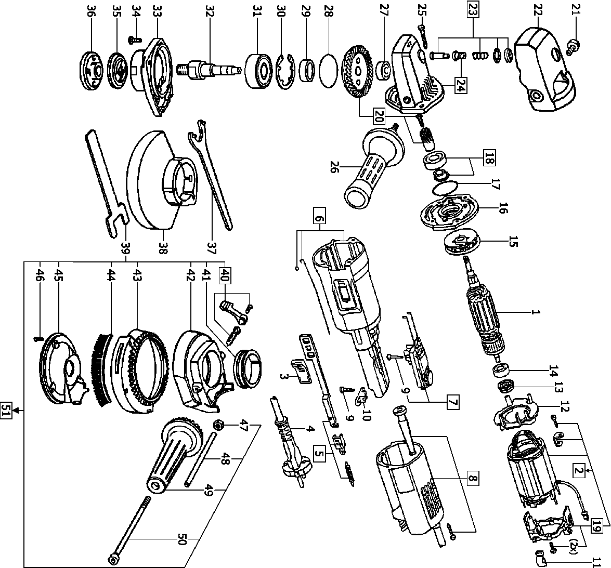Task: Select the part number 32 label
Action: click(x=210, y=12)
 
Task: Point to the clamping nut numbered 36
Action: click(x=92, y=64)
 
